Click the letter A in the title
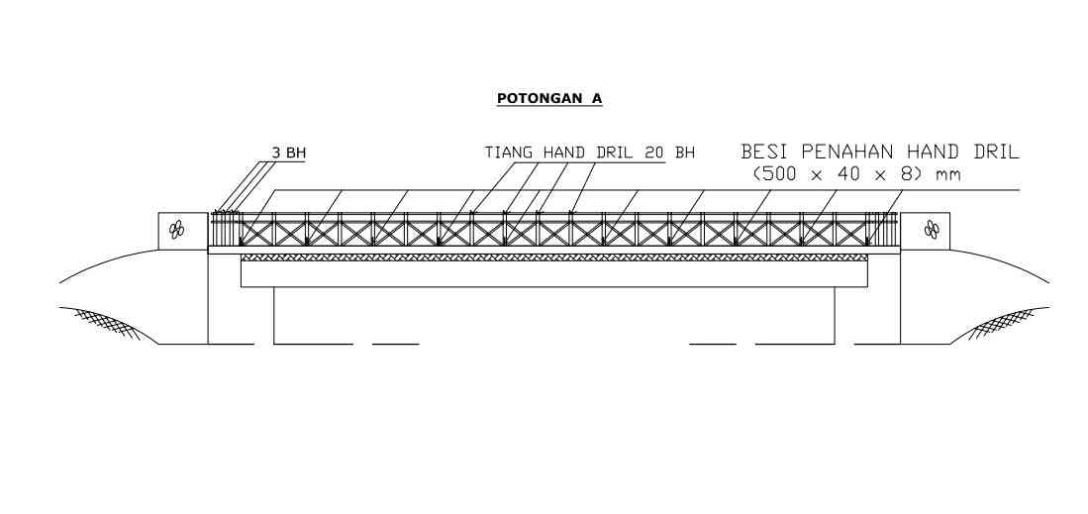click(x=597, y=99)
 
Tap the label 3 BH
click(x=288, y=154)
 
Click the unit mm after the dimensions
click(x=947, y=176)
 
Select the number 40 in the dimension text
click(x=846, y=175)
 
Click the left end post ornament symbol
click(x=177, y=229)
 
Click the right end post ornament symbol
click(x=932, y=229)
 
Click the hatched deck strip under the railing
click(x=553, y=257)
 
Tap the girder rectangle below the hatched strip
click(x=553, y=273)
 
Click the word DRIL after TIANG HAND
click(x=613, y=153)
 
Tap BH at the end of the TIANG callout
click(x=684, y=153)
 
